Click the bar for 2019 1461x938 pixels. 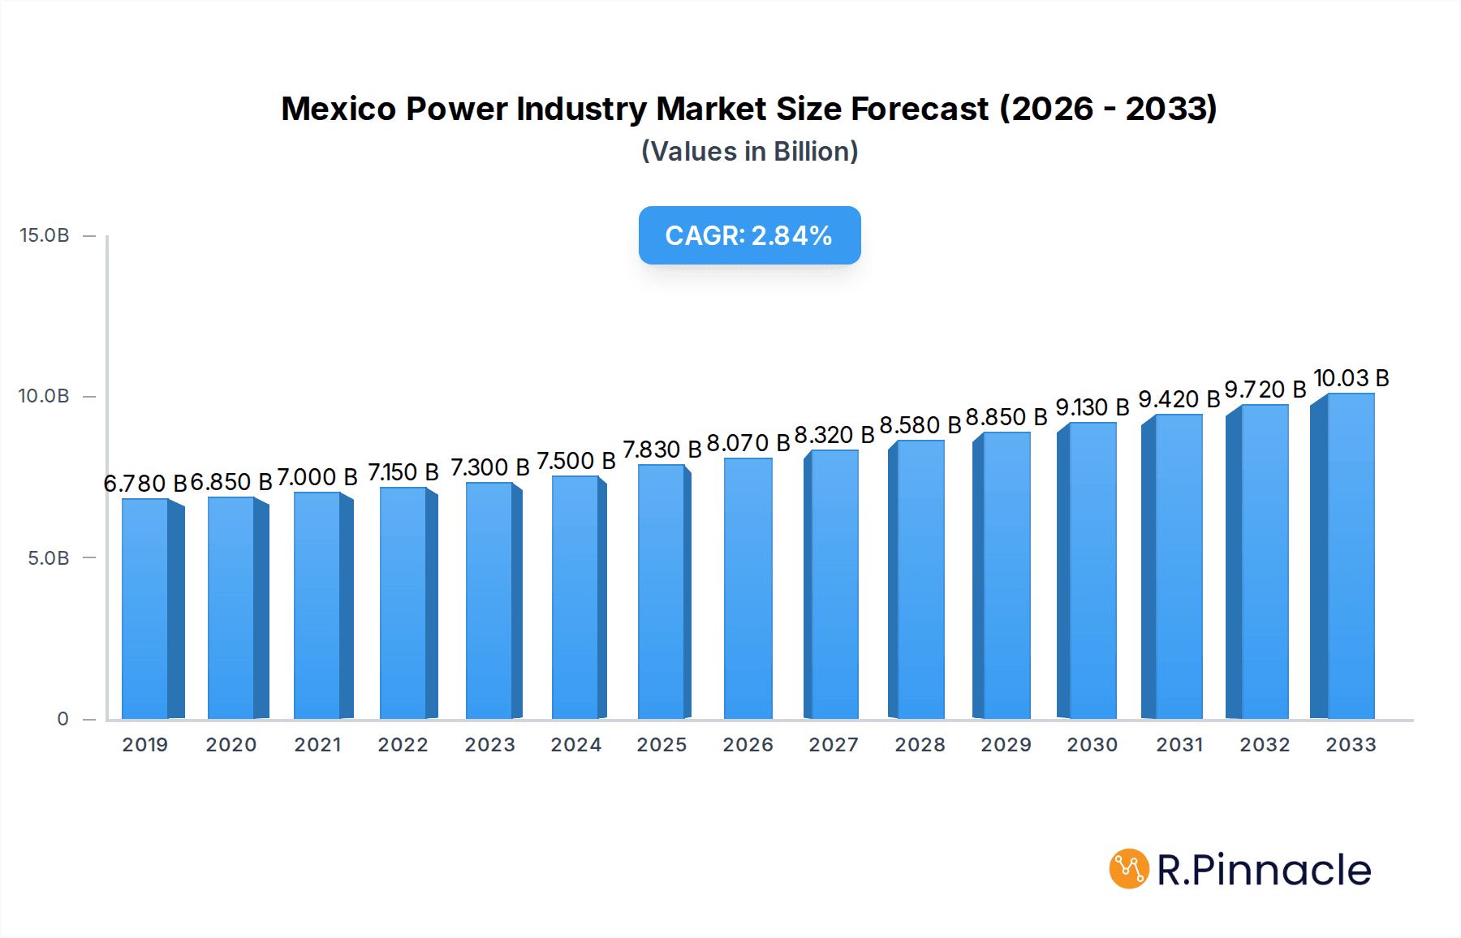[146, 609]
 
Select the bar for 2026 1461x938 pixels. [748, 588]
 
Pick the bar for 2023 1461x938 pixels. [489, 600]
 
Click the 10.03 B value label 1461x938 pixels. [1351, 378]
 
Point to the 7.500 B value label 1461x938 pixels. [575, 461]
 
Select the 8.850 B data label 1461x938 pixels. [1006, 417]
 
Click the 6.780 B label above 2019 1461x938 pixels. [144, 484]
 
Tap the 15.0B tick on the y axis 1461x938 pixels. [45, 235]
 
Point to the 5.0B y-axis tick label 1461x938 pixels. [49, 558]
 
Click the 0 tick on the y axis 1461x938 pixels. [62, 719]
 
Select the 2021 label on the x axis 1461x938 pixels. [317, 745]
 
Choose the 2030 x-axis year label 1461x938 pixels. [1092, 745]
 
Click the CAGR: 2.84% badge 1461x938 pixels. [749, 235]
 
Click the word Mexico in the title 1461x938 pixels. [338, 109]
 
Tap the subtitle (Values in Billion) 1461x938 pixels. [749, 152]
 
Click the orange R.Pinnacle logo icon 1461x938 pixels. [1129, 869]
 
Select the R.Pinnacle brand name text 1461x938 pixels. [1264, 870]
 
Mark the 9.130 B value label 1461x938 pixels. [1092, 407]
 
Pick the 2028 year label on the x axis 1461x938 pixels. [920, 745]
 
